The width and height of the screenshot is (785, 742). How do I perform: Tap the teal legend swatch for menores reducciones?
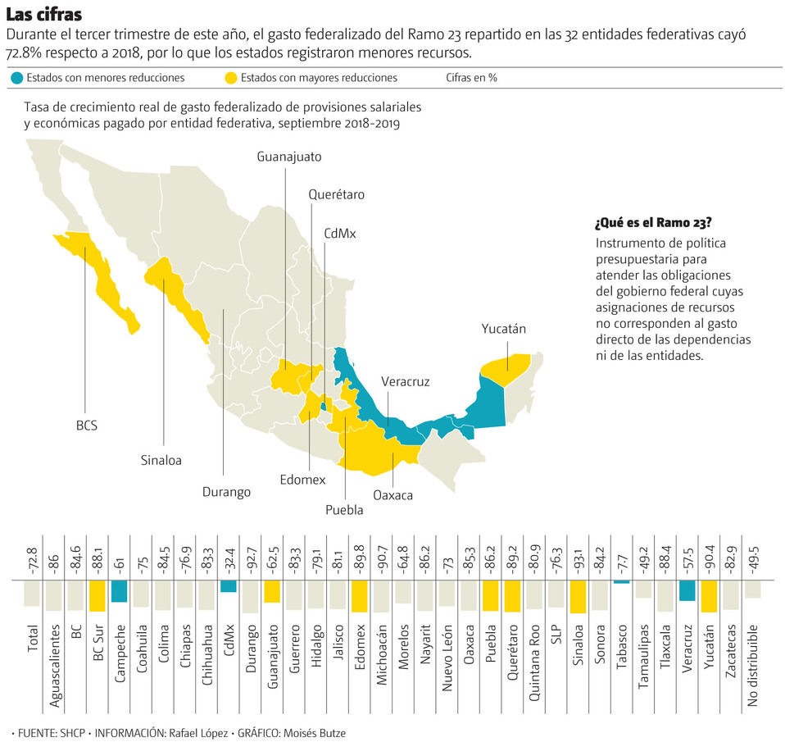click(16, 78)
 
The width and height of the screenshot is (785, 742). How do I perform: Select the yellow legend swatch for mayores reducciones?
click(230, 78)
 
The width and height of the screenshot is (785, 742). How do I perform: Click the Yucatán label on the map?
click(503, 329)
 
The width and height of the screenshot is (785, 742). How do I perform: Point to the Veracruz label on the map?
click(405, 381)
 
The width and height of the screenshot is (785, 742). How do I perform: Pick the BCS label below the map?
click(86, 426)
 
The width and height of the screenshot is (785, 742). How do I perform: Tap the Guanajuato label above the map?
click(288, 156)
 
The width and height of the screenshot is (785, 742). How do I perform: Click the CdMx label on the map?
click(340, 233)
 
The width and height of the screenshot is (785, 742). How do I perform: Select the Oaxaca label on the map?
click(392, 495)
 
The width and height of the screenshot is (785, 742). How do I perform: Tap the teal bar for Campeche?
click(119, 591)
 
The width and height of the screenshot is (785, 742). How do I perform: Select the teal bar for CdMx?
click(229, 586)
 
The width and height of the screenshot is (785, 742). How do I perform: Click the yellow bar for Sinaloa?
click(578, 597)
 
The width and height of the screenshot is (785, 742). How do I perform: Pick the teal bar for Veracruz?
click(687, 590)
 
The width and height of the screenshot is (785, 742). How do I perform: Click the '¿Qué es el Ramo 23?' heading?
click(653, 223)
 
